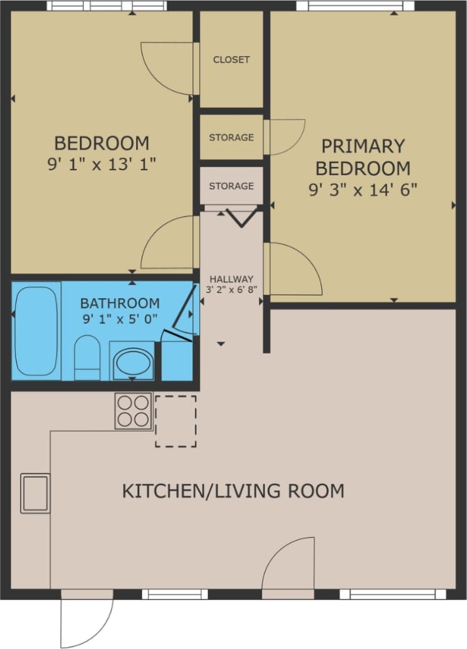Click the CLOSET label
231,60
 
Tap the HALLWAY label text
231,279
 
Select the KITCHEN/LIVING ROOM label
233,491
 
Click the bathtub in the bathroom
36,331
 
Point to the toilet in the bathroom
87,358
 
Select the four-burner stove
134,411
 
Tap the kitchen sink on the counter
35,494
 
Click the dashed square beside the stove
176,421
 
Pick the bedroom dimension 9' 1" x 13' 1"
102,164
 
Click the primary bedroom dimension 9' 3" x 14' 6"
363,189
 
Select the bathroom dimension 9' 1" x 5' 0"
120,318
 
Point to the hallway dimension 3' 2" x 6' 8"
231,289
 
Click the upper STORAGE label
231,137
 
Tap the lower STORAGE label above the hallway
231,186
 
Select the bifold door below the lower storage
240,217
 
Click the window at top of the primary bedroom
355,6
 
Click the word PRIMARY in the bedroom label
363,146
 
